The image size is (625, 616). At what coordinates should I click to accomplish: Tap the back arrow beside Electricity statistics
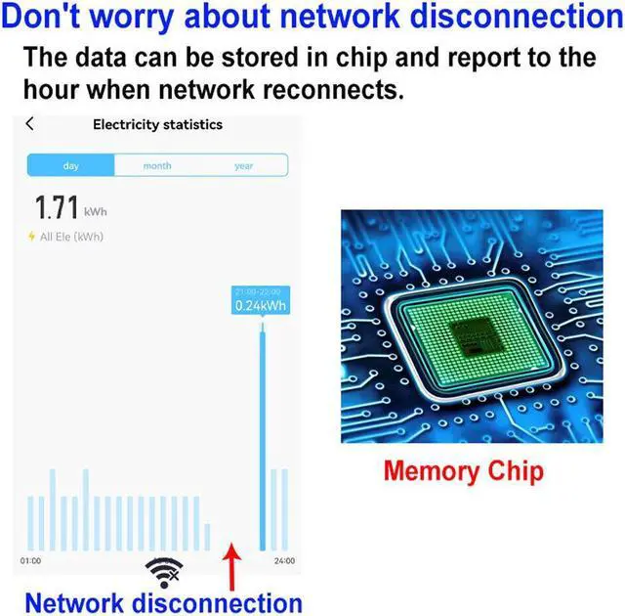[x=29, y=124]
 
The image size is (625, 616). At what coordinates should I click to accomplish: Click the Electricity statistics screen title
[x=157, y=124]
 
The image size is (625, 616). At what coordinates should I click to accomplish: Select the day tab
[x=70, y=165]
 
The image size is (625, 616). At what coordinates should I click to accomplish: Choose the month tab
[x=157, y=165]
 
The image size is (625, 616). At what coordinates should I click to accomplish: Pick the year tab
[x=244, y=165]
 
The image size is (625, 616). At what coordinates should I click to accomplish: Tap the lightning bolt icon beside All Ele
[x=31, y=237]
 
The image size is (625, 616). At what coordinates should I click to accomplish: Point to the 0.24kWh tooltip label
[x=261, y=305]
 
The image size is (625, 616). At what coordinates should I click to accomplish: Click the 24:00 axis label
[x=284, y=561]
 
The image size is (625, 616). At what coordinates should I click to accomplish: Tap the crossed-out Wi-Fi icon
[x=163, y=572]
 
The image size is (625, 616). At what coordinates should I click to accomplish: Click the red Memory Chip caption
[x=463, y=470]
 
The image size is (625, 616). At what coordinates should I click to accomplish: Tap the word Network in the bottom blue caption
[x=74, y=600]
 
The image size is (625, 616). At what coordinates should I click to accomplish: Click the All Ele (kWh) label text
[x=71, y=237]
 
